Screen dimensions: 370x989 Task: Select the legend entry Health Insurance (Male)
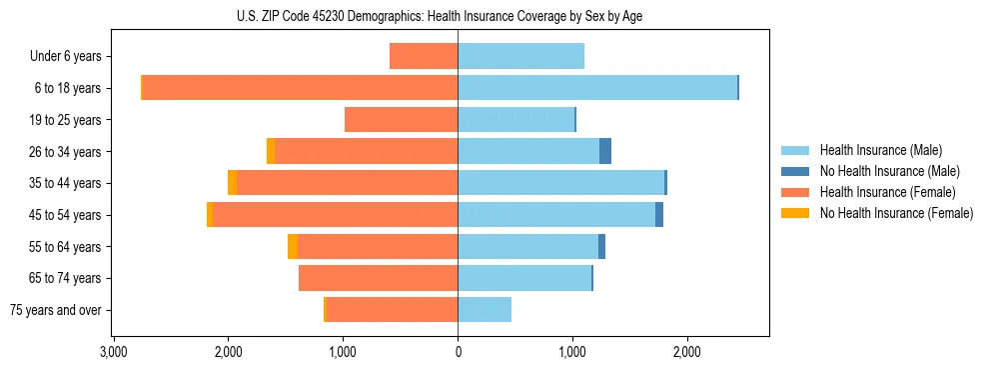click(880, 150)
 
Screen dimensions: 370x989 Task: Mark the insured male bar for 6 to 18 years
click(597, 88)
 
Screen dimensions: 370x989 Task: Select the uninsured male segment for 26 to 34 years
click(605, 151)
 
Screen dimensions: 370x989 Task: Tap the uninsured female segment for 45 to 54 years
click(210, 215)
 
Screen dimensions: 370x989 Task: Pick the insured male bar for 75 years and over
click(485, 310)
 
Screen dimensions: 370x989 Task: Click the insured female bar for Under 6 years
click(424, 56)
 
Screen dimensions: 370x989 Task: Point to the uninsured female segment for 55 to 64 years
click(293, 246)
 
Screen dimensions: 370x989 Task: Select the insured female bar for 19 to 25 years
click(401, 120)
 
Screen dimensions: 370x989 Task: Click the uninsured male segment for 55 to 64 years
click(601, 246)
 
